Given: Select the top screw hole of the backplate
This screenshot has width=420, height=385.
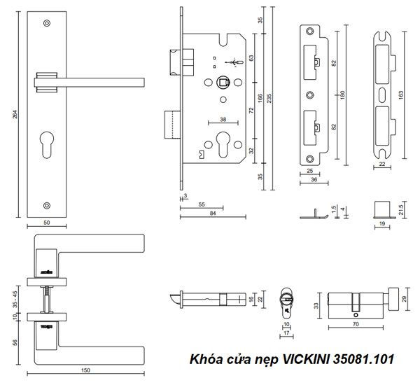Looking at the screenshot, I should [x=47, y=24].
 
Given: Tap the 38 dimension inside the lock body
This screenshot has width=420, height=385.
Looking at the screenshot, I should [x=223, y=120].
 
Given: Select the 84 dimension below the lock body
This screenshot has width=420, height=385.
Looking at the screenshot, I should [x=212, y=213].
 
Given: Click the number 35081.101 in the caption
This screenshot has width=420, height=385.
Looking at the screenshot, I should [x=359, y=360].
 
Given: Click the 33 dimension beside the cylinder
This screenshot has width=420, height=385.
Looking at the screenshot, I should [x=316, y=305].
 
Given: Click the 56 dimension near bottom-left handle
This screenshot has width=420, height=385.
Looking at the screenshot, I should [x=16, y=343].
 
